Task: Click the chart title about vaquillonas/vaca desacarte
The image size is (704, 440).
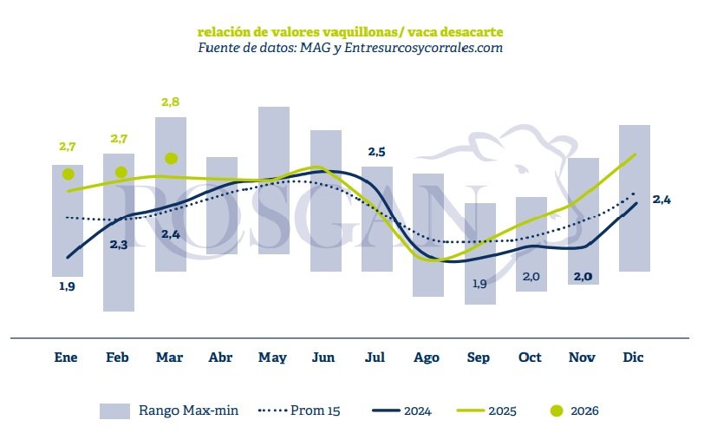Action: tap(350, 32)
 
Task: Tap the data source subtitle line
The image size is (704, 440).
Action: tap(350, 49)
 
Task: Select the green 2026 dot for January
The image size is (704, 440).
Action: tap(68, 174)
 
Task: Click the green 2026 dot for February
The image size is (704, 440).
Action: tap(121, 172)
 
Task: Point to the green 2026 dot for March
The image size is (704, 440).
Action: tap(172, 159)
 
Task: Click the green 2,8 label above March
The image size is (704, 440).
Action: tap(171, 102)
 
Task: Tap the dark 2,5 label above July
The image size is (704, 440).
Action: tap(376, 152)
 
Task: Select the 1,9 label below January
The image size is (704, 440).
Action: tap(67, 286)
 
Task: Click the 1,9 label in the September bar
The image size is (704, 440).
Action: tap(479, 284)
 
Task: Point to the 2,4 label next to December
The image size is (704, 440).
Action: tap(662, 200)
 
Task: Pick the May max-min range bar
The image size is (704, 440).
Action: tap(273, 180)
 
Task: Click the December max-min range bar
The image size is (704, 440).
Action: tap(635, 198)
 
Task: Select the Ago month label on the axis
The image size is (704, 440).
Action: tap(427, 358)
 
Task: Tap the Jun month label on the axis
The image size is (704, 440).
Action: tap(323, 358)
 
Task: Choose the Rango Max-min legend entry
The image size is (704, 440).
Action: tap(169, 410)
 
